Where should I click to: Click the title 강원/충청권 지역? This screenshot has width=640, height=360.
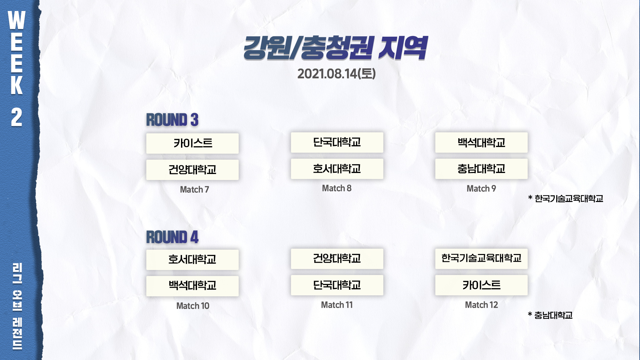(335, 48)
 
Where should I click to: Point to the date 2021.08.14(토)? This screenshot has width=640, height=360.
(336, 74)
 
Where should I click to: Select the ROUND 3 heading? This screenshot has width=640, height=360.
(172, 120)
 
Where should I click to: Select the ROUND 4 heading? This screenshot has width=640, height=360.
(172, 237)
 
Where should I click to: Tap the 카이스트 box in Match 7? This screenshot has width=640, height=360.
(192, 143)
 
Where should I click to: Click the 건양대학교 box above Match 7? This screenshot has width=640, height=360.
(192, 170)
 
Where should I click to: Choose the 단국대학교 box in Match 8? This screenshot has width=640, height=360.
(337, 142)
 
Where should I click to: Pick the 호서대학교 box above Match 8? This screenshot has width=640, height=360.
(337, 169)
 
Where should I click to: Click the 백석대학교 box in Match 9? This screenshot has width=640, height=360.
(481, 142)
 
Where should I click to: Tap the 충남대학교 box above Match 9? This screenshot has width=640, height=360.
(481, 169)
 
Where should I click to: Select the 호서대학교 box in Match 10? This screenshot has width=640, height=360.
(192, 260)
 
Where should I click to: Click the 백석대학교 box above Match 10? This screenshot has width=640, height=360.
(192, 286)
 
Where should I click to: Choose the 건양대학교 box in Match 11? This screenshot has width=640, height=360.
(337, 259)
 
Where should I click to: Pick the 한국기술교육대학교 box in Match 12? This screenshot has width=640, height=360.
(481, 259)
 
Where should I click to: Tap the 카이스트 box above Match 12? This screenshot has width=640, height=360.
(481, 285)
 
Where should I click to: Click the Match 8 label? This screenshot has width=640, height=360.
(337, 188)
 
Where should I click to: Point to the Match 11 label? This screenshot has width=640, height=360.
(337, 305)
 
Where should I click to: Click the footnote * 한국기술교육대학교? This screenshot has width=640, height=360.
(566, 199)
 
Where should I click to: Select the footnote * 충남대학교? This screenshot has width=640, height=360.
(550, 315)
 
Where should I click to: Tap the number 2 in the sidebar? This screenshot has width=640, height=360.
(17, 117)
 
